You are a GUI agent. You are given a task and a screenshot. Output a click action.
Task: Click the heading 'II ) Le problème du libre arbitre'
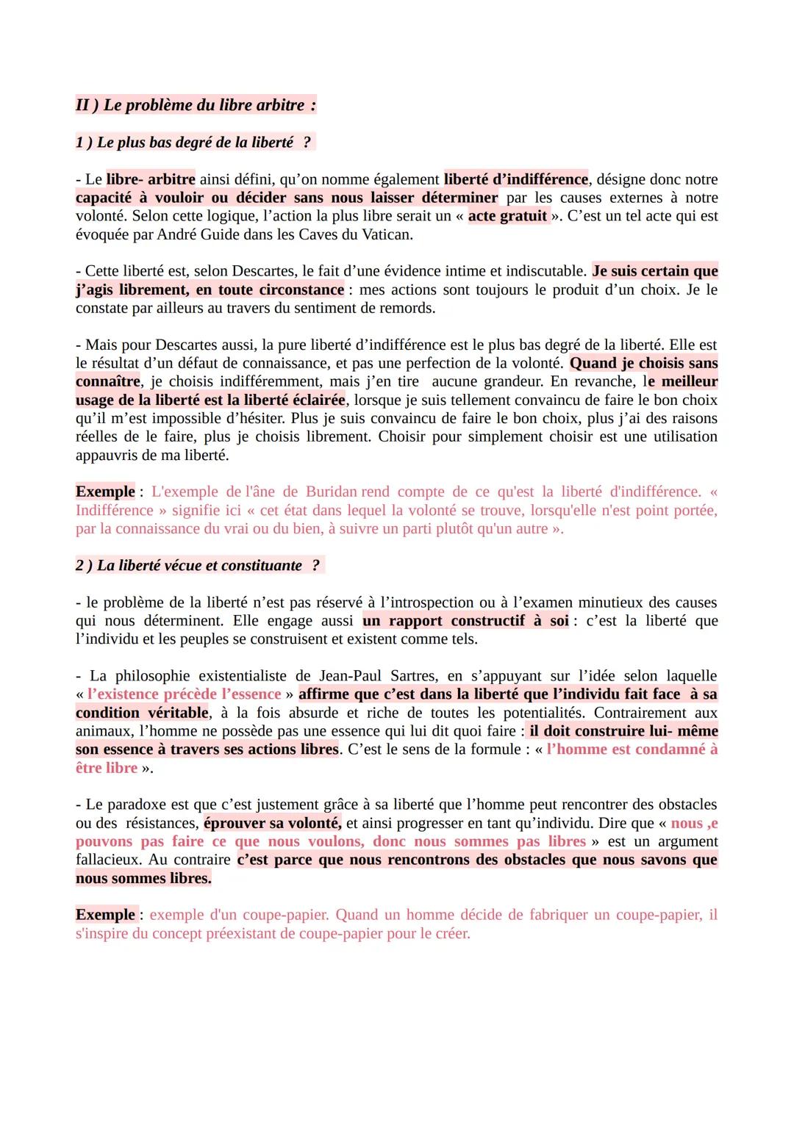196,105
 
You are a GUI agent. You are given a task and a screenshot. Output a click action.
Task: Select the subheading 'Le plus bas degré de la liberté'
195,142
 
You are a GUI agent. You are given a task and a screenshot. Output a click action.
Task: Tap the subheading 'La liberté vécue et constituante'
199,565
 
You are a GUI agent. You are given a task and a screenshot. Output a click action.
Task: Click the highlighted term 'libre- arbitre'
151,179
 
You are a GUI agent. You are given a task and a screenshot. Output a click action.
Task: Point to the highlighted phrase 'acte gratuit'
507,216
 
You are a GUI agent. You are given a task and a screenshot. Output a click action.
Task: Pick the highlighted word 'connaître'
107,381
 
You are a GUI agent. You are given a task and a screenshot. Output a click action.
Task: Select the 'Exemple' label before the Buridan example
105,492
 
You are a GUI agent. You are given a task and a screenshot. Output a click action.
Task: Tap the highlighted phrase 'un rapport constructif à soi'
465,621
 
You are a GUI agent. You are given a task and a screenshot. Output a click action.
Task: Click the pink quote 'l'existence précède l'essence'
184,694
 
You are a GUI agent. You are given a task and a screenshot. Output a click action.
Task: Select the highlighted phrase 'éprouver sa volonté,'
273,823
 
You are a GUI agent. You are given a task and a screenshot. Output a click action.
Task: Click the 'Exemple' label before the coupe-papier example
105,915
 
